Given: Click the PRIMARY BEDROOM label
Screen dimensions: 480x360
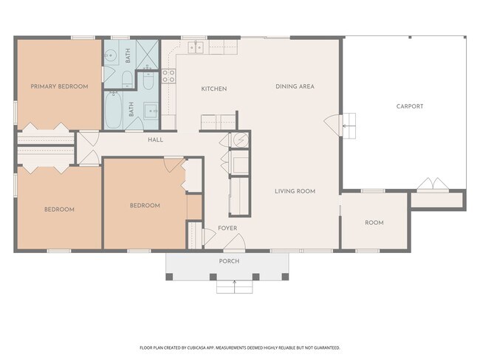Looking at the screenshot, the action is [x=59, y=86].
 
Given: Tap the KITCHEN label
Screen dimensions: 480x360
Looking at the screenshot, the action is [x=214, y=89].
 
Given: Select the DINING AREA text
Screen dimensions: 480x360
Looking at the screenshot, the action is [x=295, y=86].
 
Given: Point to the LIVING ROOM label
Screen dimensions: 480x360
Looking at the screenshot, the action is [x=295, y=191].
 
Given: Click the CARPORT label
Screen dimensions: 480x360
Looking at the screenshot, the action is [x=410, y=106].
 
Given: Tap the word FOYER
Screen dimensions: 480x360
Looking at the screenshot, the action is [x=227, y=228].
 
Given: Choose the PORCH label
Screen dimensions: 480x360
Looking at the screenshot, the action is [x=229, y=261].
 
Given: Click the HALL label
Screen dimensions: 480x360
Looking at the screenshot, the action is [x=156, y=139].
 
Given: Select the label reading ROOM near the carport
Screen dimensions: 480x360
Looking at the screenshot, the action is [x=374, y=223].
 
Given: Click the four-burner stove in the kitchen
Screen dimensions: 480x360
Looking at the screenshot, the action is [x=168, y=76].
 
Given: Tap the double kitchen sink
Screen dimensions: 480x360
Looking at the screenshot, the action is [x=196, y=47].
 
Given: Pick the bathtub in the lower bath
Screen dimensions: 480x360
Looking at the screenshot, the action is [x=114, y=110].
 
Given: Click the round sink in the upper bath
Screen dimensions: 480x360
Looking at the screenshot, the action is [x=110, y=55].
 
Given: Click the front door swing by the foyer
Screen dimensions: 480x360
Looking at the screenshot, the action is [x=235, y=242].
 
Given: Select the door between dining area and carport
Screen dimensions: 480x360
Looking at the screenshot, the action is [x=333, y=125].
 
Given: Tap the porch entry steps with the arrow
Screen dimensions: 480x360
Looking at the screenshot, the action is [x=235, y=286].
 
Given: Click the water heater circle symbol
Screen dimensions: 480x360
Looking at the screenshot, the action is [x=241, y=139].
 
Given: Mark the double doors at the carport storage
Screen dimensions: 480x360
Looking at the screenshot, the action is [x=433, y=184].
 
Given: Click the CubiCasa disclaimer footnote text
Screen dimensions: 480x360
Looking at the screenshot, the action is [x=240, y=347].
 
